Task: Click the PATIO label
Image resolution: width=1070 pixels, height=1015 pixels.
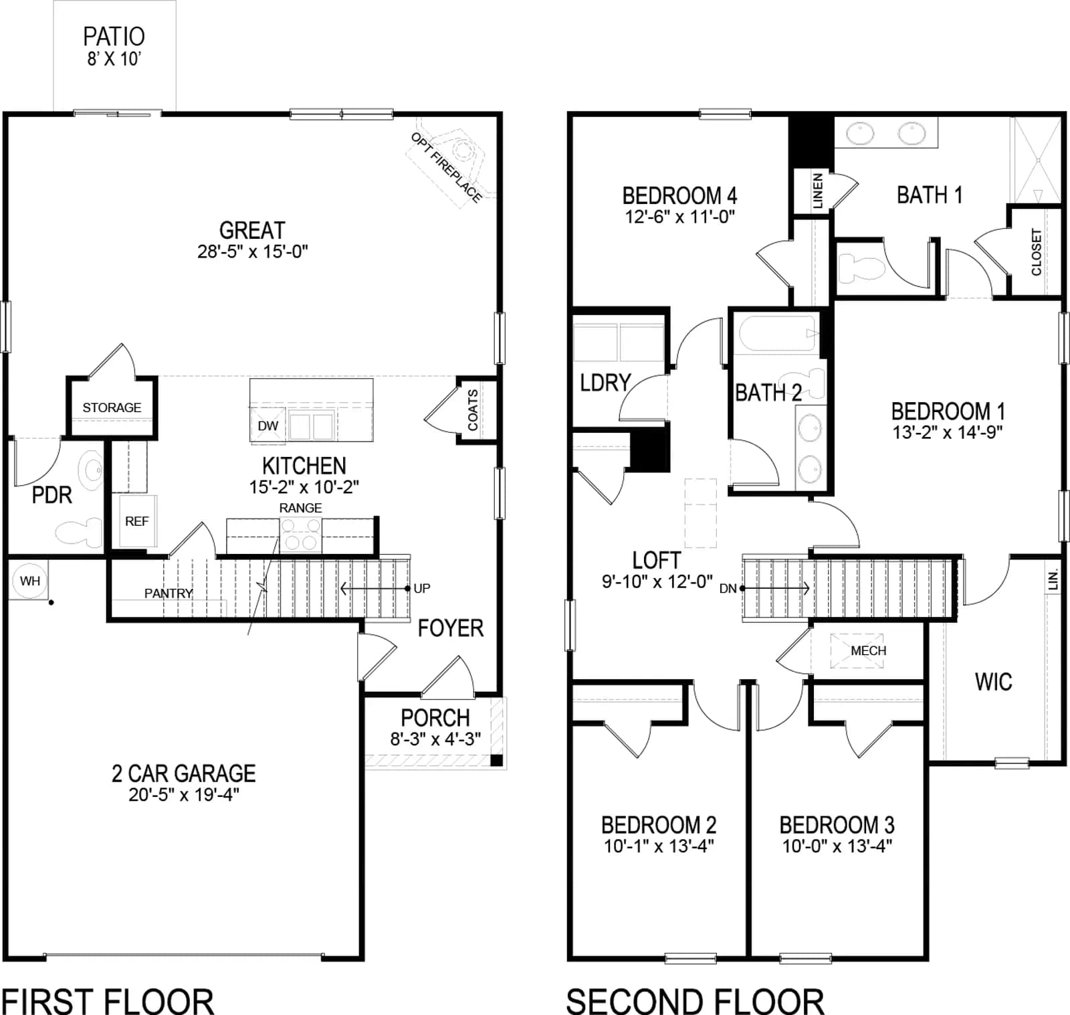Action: [114, 36]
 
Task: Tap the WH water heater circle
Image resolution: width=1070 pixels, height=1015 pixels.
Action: [30, 581]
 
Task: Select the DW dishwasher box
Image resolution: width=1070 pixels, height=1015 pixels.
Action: [267, 425]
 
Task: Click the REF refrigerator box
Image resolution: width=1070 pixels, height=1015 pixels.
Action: [136, 521]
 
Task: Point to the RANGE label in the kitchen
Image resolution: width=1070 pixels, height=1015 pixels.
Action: [300, 508]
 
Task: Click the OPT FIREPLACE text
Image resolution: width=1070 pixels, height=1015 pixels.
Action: [446, 167]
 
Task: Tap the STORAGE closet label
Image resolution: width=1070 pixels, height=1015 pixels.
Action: [112, 407]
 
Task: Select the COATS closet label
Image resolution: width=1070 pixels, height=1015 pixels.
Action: [473, 409]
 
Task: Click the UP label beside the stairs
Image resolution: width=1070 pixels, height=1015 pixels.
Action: [422, 588]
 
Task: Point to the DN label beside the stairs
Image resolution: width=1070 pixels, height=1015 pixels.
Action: [728, 589]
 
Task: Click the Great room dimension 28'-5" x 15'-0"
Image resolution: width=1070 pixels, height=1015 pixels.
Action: [252, 252]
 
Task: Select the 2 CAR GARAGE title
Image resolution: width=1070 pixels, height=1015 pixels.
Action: [183, 773]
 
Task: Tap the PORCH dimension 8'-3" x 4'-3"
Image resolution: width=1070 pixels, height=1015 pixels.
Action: [435, 739]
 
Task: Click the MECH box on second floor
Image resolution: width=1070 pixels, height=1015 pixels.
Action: [857, 650]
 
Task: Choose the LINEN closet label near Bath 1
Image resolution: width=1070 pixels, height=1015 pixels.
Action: [817, 191]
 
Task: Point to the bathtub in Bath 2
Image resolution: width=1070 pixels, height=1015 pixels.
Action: [776, 333]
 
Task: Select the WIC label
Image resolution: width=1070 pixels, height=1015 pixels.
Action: [993, 682]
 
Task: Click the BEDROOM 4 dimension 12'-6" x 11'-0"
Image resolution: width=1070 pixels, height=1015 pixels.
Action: [679, 217]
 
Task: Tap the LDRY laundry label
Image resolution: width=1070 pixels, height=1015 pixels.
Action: [605, 383]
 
